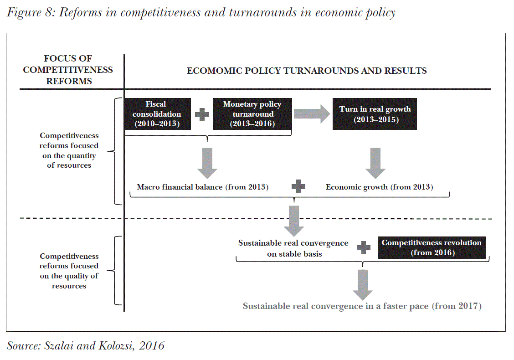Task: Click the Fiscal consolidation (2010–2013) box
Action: (x=157, y=114)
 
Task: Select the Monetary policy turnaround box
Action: (x=252, y=114)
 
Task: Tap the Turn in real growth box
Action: (x=375, y=114)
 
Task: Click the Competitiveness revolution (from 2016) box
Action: (x=432, y=247)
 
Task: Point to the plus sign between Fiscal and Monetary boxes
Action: (x=202, y=114)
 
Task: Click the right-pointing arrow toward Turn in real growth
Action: (x=312, y=113)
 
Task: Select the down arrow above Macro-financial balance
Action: (x=207, y=163)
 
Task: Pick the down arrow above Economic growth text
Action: (x=375, y=163)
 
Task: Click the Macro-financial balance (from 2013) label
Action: (x=203, y=187)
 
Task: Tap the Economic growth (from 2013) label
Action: (x=379, y=187)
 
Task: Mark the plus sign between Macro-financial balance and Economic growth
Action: (x=298, y=186)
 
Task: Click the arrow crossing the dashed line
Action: (x=294, y=220)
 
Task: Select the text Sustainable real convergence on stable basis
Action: (x=293, y=248)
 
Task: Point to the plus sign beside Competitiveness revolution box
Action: (x=363, y=248)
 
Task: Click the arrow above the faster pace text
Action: (x=363, y=284)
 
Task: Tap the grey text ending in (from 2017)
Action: (x=362, y=306)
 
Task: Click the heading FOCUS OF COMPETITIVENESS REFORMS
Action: (x=68, y=70)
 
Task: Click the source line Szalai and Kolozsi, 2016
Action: (x=86, y=345)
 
